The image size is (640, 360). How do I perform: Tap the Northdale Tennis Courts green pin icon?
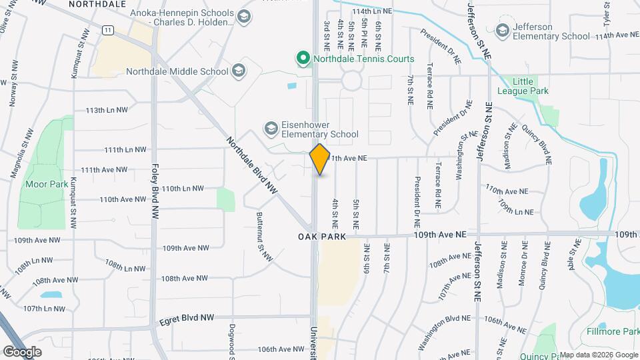(x=303, y=59)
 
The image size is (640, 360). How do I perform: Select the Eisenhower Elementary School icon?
(x=271, y=127)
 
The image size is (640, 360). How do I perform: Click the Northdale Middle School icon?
(x=238, y=71)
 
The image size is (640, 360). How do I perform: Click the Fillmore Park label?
(x=613, y=331)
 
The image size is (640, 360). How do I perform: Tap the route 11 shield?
(x=107, y=29)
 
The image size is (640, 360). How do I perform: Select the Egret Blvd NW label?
(x=187, y=319)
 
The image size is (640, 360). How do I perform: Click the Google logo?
(x=23, y=351)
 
